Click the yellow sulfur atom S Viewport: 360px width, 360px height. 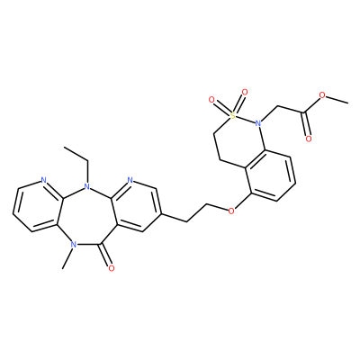233,114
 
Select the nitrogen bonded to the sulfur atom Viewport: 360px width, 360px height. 257,123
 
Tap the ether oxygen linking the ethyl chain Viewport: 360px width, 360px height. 231,211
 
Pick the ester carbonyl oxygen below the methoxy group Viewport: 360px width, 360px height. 309,139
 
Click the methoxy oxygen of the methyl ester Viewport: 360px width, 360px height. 322,95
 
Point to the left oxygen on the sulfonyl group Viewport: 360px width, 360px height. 211,99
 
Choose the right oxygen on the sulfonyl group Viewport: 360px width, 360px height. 245,91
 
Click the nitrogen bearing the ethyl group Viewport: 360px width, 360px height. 87,187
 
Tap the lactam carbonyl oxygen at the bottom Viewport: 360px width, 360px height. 112,268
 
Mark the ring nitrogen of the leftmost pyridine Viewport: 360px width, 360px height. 43,180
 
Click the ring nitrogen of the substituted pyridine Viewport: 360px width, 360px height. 130,180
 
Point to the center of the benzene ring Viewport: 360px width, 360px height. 271,175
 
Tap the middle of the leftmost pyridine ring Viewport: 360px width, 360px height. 38,206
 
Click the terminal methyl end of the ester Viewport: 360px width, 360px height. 347,103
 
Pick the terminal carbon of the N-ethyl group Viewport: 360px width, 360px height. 65,147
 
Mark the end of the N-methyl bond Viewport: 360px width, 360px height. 62,268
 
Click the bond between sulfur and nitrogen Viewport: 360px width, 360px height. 246,119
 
